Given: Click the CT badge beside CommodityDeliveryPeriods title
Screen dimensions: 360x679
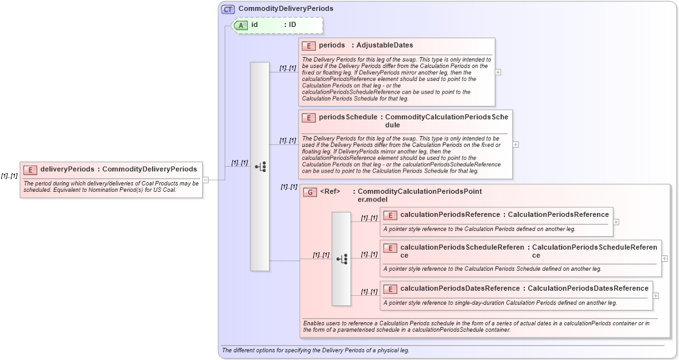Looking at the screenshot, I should [228, 9].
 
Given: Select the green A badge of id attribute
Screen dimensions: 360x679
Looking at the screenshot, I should [241, 25].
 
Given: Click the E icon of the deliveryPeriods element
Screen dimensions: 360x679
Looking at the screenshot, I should [30, 169].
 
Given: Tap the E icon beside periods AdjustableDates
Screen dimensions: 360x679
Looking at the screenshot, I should [308, 46].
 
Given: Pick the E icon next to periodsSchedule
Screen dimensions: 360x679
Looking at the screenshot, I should [308, 117].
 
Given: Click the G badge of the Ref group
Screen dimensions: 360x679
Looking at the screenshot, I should [309, 192].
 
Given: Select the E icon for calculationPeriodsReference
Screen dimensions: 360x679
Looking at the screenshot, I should [390, 214].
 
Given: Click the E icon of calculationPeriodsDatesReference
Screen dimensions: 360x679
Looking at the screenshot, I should [390, 289].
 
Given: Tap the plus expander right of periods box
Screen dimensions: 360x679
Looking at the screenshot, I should [498, 73].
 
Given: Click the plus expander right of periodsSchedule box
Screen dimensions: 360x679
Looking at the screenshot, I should [515, 144].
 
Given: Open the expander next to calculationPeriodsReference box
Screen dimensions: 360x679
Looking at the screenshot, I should [616, 221].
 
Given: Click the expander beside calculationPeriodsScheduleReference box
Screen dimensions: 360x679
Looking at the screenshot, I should [664, 258].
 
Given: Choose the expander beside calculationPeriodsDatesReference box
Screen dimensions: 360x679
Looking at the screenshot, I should [655, 295].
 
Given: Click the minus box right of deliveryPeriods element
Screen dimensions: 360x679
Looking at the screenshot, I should [206, 180].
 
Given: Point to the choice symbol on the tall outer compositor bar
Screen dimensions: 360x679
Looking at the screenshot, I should [260, 167].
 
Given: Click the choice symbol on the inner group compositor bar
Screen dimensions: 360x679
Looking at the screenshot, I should [341, 259].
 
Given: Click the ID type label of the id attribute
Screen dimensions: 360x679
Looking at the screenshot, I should [292, 25].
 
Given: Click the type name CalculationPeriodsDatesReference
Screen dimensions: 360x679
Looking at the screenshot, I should [588, 289].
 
